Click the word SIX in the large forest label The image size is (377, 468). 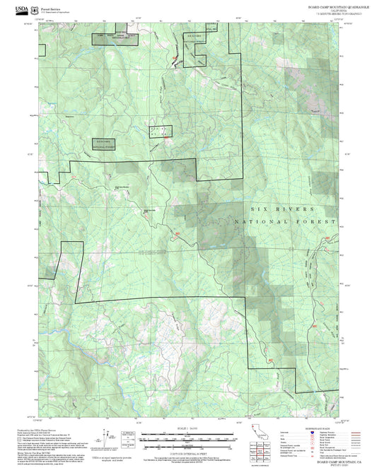pyautogui.click(x=260, y=209)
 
